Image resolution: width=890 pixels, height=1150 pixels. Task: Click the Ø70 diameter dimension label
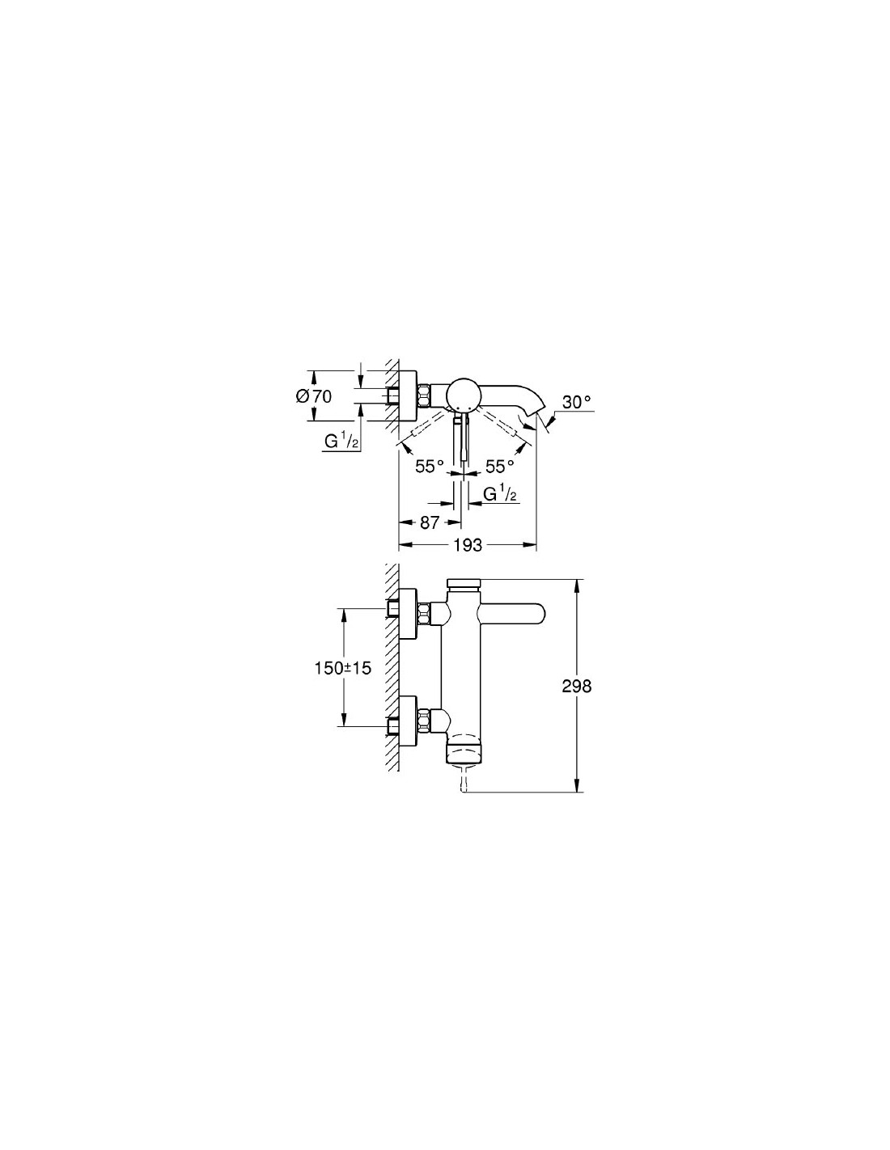coord(314,395)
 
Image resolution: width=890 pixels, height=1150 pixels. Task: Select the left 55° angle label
coord(430,467)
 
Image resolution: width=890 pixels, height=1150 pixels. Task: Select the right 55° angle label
coord(500,467)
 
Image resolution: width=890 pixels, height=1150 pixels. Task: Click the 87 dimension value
coord(430,522)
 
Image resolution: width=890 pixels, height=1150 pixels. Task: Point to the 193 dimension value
coord(468,544)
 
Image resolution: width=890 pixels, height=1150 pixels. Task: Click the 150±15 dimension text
coord(343,669)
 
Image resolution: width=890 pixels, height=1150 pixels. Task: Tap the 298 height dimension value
coord(577,687)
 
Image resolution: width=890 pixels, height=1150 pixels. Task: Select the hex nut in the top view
coord(425,395)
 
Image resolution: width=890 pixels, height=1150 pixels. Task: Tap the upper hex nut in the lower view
coord(425,613)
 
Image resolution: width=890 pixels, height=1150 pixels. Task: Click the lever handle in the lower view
coord(511,613)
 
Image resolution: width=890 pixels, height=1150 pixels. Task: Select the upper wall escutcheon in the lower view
coord(409,613)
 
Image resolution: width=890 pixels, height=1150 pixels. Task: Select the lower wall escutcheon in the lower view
coord(409,722)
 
